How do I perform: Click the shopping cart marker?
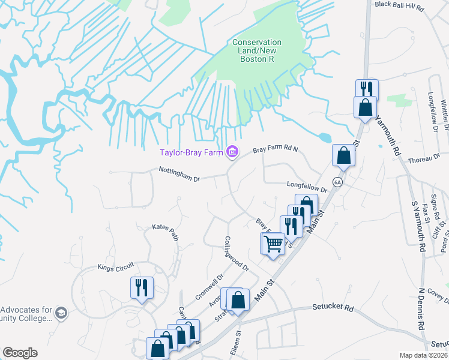[x=273, y=244]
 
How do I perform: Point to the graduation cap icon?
[x=61, y=313]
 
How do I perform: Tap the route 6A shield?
[x=338, y=182]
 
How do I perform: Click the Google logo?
[x=20, y=353]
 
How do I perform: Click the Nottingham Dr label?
[x=179, y=174]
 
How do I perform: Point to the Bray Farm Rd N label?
[x=275, y=150]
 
